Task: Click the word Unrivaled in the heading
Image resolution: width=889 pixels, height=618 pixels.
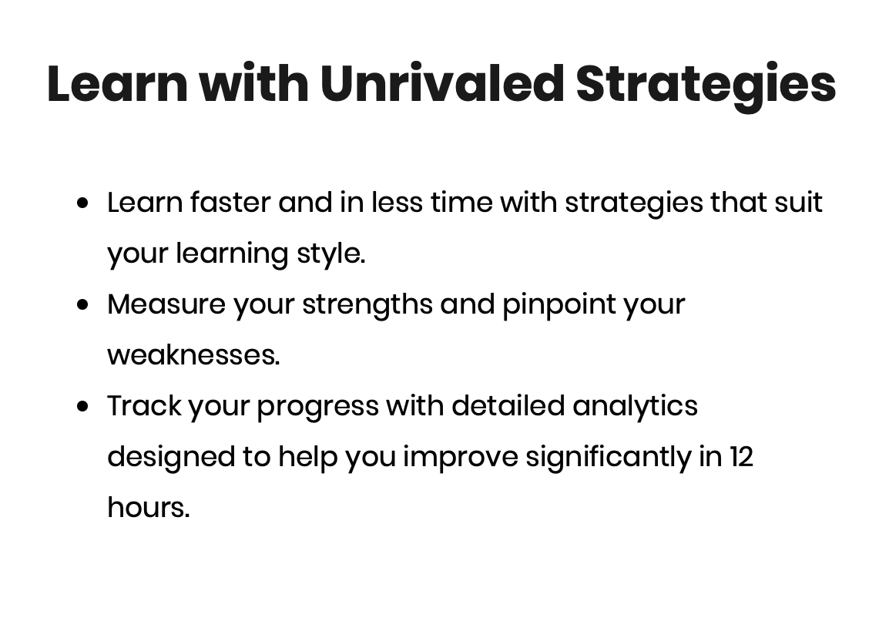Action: (x=442, y=83)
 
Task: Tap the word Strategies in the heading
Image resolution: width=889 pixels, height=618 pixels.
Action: (x=706, y=86)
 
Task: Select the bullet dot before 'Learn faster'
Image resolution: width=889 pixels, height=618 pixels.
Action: (x=82, y=203)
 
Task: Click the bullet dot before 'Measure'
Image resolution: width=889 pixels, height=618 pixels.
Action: (x=82, y=304)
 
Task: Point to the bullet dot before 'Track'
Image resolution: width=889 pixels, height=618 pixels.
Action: (x=82, y=406)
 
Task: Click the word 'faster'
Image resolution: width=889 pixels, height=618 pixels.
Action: (x=230, y=203)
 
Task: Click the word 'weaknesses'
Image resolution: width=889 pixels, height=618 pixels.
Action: (x=192, y=355)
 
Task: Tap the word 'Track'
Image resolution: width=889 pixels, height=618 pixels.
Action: (x=145, y=406)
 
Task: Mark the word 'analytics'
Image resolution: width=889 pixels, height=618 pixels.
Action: (x=635, y=407)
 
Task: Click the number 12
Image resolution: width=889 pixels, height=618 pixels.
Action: (x=741, y=457)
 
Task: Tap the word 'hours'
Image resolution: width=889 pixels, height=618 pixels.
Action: (x=147, y=508)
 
